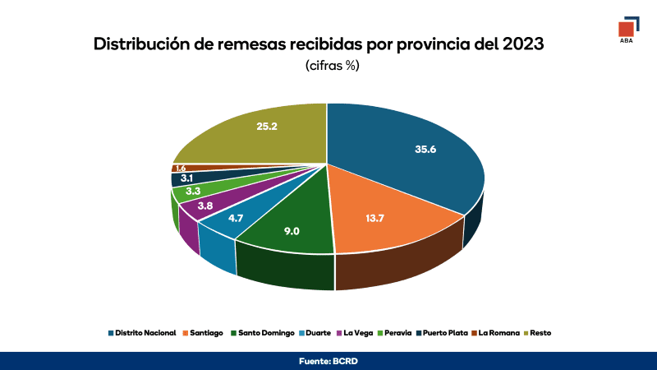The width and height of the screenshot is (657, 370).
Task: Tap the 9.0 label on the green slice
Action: pos(292,231)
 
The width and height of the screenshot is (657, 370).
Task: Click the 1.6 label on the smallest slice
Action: pos(181,168)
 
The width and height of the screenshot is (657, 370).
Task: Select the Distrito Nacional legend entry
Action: pos(141,333)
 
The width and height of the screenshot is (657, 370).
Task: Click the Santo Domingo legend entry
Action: pos(263,333)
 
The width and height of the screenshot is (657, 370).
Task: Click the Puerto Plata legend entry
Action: pos(443,333)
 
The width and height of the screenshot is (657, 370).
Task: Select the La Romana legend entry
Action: pos(498,333)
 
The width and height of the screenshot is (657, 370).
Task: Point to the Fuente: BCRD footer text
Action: pos(328,361)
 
